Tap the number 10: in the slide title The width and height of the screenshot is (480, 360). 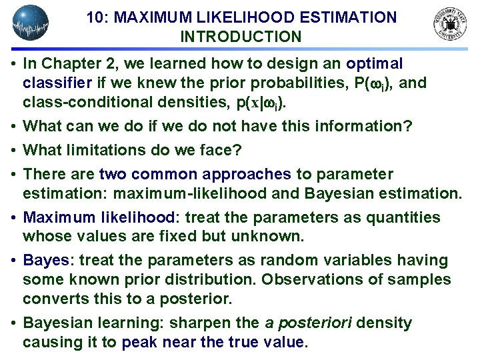click(x=98, y=17)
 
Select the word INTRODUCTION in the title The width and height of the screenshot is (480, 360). click(x=241, y=37)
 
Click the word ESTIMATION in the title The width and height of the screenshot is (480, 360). click(x=343, y=17)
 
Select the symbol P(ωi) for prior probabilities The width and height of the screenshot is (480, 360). click(x=377, y=83)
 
